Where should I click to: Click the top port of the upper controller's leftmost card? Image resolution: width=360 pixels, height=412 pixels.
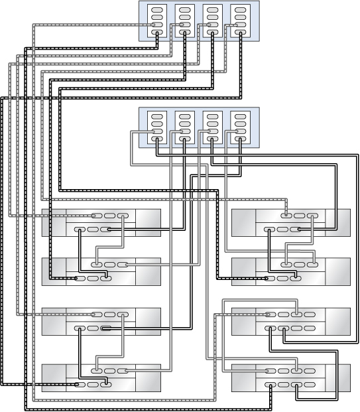pyautogui.click(x=157, y=11)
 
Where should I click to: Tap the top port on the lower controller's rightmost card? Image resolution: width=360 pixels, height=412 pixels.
pyautogui.click(x=240, y=117)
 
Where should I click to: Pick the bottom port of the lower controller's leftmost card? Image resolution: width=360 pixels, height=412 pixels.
pyautogui.click(x=157, y=139)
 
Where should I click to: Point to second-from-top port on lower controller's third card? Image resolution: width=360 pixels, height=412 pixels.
pyautogui.click(x=212, y=124)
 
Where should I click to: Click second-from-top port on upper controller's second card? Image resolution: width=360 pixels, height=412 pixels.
pyautogui.click(x=185, y=18)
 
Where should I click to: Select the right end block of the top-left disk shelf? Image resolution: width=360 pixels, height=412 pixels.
pyautogui.click(x=148, y=222)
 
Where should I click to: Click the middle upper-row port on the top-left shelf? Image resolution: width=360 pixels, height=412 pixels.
pyautogui.click(x=109, y=216)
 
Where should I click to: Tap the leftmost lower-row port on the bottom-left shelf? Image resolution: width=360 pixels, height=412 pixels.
pyautogui.click(x=80, y=383)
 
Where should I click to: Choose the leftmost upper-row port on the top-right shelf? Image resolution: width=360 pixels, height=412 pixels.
pyautogui.click(x=286, y=216)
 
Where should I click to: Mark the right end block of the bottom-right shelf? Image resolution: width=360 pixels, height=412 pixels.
pyautogui.click(x=337, y=378)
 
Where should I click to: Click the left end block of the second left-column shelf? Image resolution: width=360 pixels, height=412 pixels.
pyautogui.click(x=54, y=271)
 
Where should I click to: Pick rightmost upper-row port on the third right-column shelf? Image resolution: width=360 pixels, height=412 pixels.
pyautogui.click(x=298, y=314)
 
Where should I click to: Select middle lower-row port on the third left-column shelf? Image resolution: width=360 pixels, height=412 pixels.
pyautogui.click(x=92, y=328)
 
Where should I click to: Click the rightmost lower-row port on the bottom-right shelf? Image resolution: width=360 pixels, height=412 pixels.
pyautogui.click(x=298, y=385)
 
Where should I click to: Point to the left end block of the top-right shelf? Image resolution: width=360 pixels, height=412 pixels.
pyautogui.click(x=243, y=222)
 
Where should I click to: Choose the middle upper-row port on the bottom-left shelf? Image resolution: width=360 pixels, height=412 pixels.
pyautogui.click(x=109, y=371)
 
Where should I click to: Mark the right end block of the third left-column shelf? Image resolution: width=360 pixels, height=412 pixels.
pyautogui.click(x=148, y=321)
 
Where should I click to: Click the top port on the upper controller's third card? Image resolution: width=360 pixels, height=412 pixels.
pyautogui.click(x=212, y=11)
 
